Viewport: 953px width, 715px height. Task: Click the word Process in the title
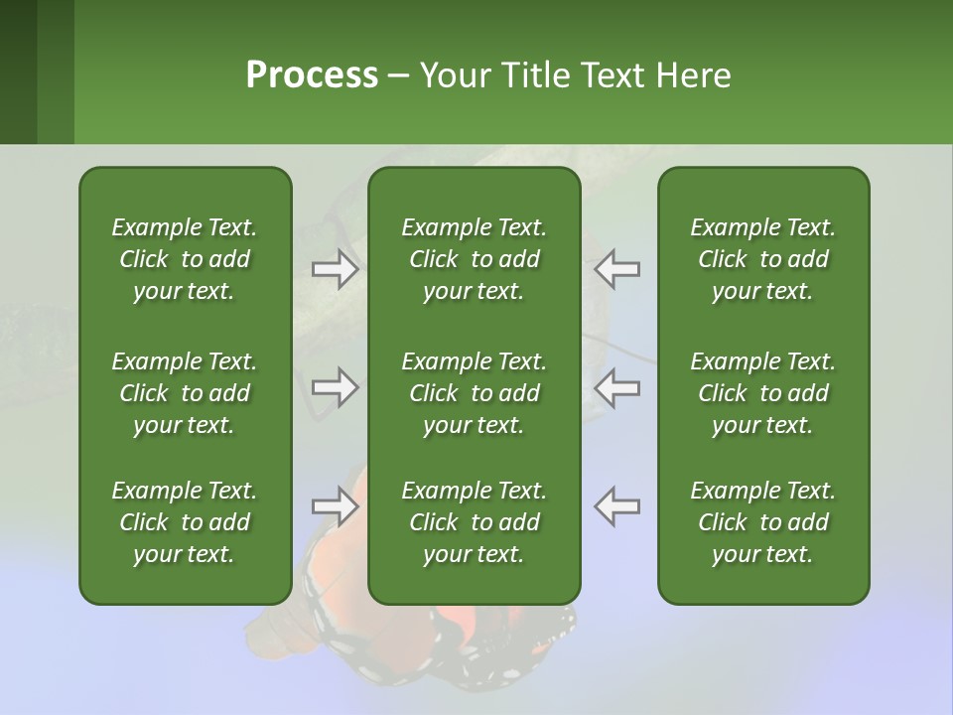coord(312,75)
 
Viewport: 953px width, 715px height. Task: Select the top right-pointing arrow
coord(336,269)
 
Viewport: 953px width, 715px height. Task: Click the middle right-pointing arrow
coord(336,387)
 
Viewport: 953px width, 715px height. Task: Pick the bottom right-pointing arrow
coord(336,506)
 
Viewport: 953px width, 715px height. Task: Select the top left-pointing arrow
coord(616,269)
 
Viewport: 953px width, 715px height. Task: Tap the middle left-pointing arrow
coord(616,387)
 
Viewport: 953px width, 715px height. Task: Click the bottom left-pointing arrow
coord(616,506)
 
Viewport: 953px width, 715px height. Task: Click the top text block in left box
coord(185,259)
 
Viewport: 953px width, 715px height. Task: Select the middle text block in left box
coord(185,393)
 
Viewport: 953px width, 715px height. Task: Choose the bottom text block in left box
coord(185,522)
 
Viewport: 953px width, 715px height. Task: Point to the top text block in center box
coord(474,259)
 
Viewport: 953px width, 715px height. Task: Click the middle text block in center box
coord(474,393)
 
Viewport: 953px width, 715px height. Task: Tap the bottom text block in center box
coord(474,522)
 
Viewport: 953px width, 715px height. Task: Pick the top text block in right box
coord(762,259)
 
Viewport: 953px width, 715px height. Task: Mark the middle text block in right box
coord(762,393)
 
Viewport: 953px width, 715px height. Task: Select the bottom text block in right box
coord(762,522)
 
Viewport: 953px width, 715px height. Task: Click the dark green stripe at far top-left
coord(18,71)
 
